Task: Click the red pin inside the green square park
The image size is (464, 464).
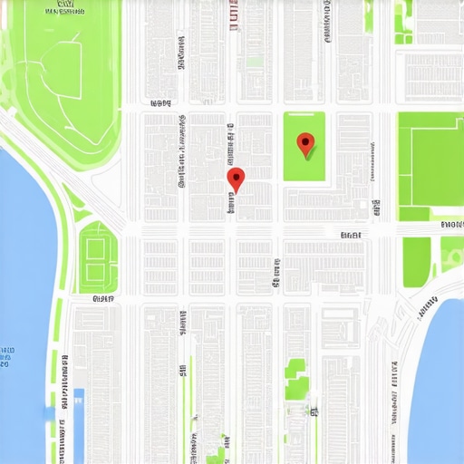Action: coord(306,142)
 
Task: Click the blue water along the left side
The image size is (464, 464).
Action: coord(23,272)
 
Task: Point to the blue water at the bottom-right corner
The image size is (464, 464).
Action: coord(444,362)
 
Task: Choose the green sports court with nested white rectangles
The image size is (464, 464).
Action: coord(98,257)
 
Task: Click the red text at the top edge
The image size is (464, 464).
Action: coord(234,15)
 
